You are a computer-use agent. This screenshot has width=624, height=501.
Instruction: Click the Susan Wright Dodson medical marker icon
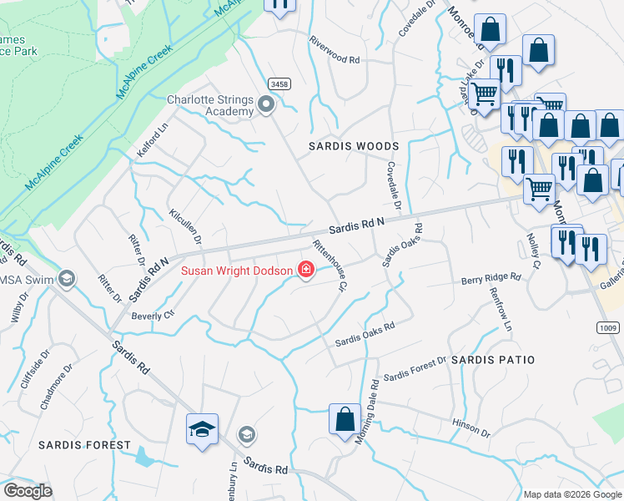pos(306,270)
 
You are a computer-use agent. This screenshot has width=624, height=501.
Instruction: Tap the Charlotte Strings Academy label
pos(210,105)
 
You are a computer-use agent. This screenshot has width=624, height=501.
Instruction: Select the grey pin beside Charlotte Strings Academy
pos(266,105)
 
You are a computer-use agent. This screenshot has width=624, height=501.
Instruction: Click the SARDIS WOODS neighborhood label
pos(354,146)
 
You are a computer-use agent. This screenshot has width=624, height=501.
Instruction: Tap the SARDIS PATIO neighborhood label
pos(492,359)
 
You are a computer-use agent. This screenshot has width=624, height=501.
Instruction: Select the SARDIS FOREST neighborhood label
pos(84,445)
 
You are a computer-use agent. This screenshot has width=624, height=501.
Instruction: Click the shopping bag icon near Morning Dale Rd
pos(345,419)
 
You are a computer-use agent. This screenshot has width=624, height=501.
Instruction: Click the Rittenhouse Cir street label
pos(329,266)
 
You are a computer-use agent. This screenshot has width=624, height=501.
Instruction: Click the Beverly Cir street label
pos(153,316)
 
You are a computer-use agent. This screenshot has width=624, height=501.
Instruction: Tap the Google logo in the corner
pos(28,491)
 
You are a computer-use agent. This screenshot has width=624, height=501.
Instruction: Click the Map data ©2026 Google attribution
pos(571,494)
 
